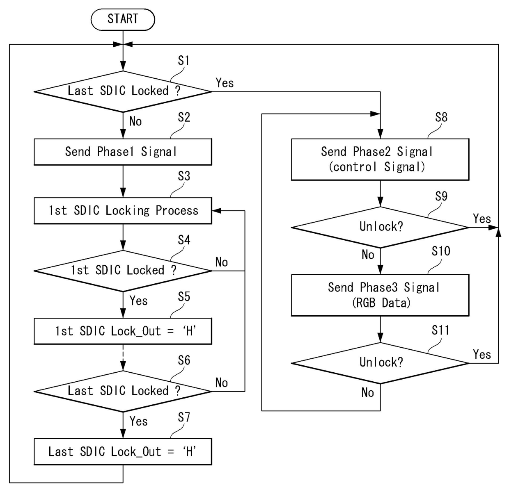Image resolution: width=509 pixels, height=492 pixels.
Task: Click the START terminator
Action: (x=123, y=19)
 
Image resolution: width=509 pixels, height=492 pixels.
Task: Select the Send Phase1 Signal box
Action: (x=123, y=152)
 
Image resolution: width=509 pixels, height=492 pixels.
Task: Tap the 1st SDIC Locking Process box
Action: (x=123, y=211)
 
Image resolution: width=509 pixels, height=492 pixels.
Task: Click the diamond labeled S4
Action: (x=123, y=271)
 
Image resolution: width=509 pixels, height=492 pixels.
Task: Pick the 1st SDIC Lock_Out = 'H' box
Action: (x=123, y=331)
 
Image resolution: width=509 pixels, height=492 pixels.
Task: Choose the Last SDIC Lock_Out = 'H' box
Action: (x=123, y=451)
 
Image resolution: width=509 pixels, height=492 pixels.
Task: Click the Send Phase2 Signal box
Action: (x=380, y=159)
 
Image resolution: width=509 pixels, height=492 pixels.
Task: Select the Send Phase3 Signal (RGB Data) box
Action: (x=380, y=295)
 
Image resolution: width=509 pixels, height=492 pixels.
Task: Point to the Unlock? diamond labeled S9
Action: (x=380, y=227)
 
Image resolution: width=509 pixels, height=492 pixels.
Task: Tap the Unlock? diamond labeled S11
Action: (x=380, y=362)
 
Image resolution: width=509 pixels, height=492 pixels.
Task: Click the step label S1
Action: (x=183, y=61)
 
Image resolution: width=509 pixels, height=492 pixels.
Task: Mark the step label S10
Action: (x=441, y=251)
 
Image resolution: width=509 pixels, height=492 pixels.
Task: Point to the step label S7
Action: (x=183, y=417)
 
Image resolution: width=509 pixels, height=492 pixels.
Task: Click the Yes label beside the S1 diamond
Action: (x=225, y=83)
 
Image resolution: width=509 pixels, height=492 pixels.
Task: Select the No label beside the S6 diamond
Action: (x=221, y=383)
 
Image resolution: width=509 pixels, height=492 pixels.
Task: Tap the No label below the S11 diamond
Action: (x=367, y=393)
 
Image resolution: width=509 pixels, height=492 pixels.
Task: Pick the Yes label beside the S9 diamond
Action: (x=482, y=219)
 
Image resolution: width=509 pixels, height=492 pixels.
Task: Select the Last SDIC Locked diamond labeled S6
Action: (x=123, y=391)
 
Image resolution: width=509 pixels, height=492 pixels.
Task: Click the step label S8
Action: (x=441, y=118)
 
